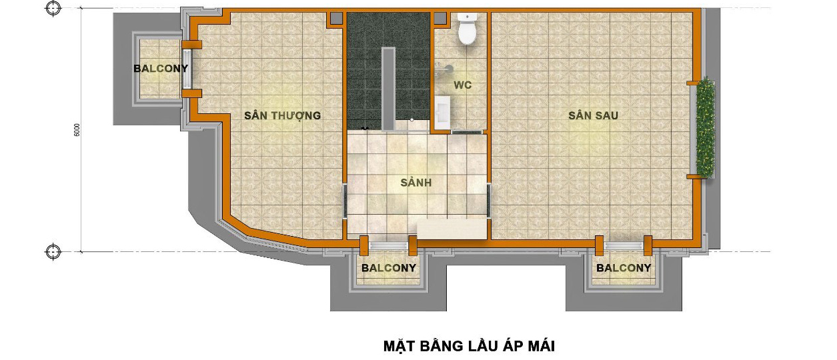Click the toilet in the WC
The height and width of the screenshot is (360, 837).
468,29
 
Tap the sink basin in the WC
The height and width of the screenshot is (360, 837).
442,112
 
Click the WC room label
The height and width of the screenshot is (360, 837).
463,85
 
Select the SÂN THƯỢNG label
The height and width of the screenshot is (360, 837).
283,115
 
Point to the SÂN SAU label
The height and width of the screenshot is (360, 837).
593,115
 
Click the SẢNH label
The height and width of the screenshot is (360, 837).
416,182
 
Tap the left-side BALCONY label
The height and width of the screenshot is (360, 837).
161,69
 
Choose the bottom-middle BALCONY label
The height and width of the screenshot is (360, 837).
389,268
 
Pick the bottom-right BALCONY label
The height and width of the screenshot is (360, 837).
624,268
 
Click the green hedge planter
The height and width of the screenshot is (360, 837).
705,127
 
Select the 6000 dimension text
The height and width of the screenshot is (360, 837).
77,130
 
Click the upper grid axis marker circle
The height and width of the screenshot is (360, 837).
53,8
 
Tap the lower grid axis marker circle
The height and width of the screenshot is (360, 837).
53,251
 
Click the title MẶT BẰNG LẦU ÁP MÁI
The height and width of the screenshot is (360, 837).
469,346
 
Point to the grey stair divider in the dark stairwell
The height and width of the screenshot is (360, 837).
388,89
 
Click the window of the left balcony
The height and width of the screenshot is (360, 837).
187,69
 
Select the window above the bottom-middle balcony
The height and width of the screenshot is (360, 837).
388,245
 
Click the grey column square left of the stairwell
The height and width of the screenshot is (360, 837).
336,18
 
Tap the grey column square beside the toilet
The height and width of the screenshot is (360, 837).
440,18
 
